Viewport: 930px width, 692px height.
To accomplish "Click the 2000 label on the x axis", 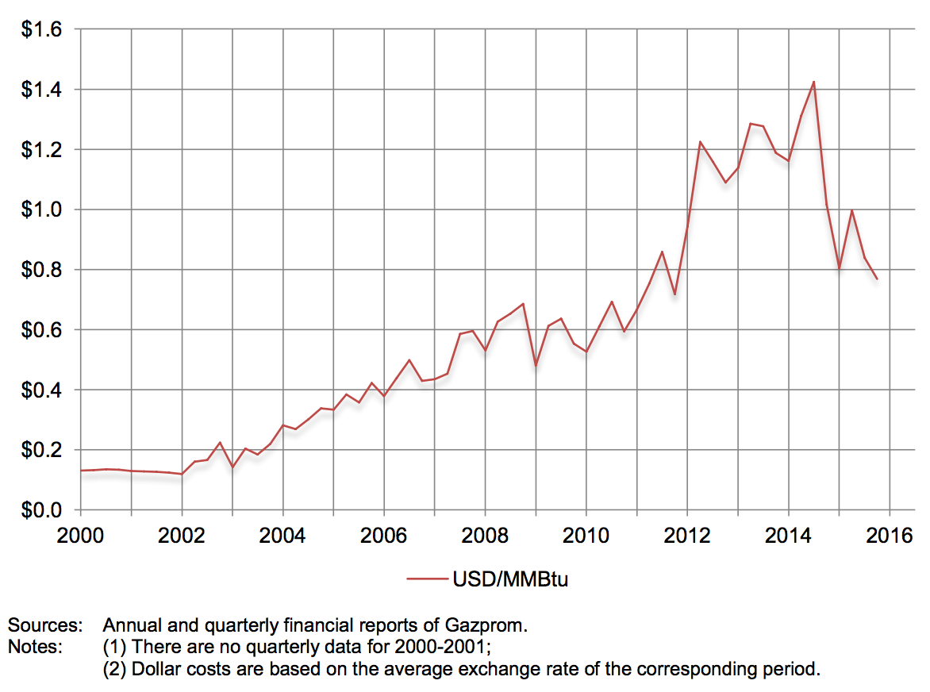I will (81, 534).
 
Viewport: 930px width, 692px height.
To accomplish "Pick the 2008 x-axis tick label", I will (485, 534).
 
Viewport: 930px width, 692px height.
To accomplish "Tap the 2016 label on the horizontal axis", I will (889, 534).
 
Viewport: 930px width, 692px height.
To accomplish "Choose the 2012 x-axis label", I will (687, 534).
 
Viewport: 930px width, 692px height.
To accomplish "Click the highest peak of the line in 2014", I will (813, 82).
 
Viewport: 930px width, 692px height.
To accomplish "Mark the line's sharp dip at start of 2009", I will (536, 366).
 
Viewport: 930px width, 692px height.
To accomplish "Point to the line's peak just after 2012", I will (700, 142).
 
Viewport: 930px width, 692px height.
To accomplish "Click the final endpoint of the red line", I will (877, 279).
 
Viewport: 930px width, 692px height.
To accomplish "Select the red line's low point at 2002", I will (182, 474).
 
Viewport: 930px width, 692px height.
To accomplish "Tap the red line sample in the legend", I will (427, 580).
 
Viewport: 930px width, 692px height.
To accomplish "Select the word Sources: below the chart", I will (44, 625).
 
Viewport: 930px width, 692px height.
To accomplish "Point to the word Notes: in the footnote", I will (35, 647).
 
